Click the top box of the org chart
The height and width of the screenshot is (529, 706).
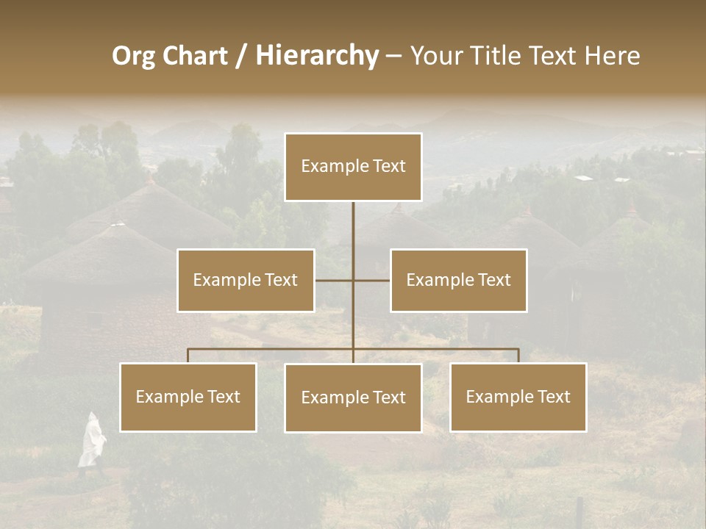pos(353,167)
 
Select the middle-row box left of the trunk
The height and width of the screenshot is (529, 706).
pos(246,280)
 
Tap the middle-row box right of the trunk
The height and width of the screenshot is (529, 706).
pos(458,280)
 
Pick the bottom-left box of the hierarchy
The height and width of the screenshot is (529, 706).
pos(188,397)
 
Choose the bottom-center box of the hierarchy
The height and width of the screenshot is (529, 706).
pos(353,397)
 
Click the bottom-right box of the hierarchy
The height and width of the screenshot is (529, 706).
pos(518,397)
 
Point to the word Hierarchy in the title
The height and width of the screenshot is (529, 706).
pos(317,56)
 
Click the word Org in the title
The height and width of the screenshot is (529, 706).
pos(133,56)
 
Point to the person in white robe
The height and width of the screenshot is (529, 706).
pos(91,440)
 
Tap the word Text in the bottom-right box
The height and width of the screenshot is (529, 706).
pos(554,397)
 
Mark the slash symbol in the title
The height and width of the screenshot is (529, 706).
pos(241,57)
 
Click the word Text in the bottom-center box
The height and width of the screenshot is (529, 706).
pos(389,397)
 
